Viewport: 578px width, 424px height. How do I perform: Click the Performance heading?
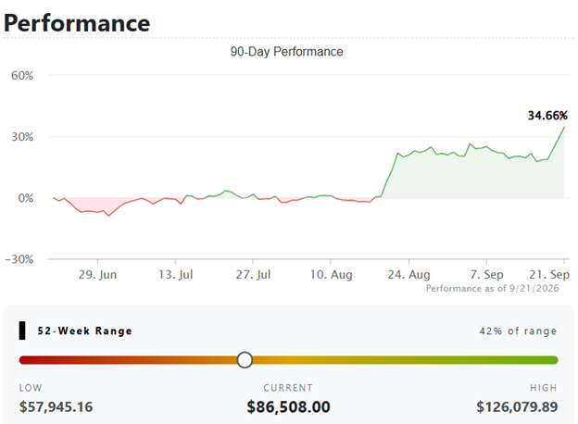coord(77,23)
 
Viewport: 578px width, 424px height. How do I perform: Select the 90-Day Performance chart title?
coord(286,52)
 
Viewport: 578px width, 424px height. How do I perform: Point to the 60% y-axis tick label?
coord(22,76)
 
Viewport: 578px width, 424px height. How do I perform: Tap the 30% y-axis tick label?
coord(22,137)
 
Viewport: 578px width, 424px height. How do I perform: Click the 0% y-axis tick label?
coord(26,198)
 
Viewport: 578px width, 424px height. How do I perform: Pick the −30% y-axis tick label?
coord(19,259)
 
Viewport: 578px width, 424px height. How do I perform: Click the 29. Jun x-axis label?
coord(97,274)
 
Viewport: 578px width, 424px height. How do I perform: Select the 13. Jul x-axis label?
coord(176,274)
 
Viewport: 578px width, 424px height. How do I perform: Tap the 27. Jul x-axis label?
coord(253,274)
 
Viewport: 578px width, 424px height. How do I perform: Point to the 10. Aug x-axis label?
coord(331,274)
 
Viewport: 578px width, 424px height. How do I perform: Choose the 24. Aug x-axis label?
coord(408,274)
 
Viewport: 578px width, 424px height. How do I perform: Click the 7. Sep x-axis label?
coord(487,274)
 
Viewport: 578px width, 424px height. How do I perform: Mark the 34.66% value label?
coord(547,116)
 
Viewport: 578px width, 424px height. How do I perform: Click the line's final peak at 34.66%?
coord(564,127)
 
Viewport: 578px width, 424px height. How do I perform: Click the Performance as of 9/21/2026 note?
coord(493,288)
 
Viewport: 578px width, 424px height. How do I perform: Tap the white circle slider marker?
coord(245,360)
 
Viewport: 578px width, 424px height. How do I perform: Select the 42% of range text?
coord(518,330)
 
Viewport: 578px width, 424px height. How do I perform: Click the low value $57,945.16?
coord(56,407)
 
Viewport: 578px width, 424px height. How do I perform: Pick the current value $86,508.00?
coord(288,407)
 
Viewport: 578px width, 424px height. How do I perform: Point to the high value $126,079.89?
coord(517,407)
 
